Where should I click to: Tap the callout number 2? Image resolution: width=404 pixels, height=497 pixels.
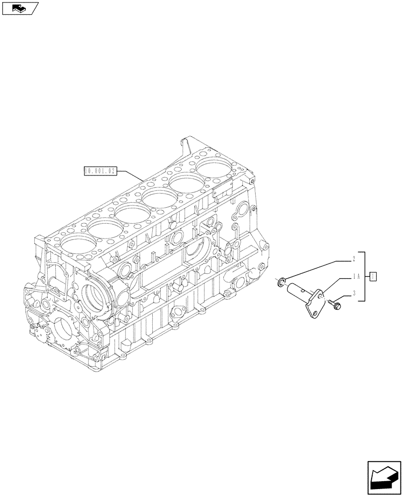pyautogui.click(x=353, y=259)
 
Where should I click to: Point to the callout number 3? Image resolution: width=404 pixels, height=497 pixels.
pyautogui.click(x=353, y=294)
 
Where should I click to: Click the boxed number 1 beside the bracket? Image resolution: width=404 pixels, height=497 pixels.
pyautogui.click(x=374, y=276)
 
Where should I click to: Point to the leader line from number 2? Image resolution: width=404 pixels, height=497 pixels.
pyautogui.click(x=318, y=271)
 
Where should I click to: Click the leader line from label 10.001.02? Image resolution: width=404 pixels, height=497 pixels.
pyautogui.click(x=130, y=175)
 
